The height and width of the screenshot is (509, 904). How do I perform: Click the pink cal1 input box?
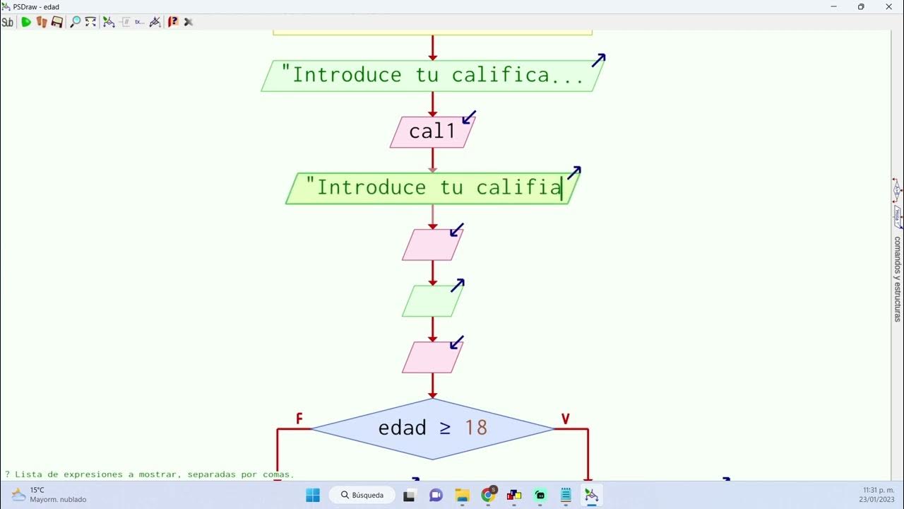click(432, 132)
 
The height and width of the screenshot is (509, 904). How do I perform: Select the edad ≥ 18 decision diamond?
click(432, 428)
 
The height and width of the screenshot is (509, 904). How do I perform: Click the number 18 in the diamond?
click(476, 428)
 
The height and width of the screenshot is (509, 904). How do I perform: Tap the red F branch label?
click(299, 419)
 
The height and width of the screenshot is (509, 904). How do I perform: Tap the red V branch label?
click(565, 419)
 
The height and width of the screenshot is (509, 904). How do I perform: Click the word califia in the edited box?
click(518, 187)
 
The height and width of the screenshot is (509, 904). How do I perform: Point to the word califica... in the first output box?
click(518, 75)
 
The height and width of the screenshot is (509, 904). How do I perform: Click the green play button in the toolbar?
click(26, 22)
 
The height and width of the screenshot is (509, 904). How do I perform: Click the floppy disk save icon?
click(57, 22)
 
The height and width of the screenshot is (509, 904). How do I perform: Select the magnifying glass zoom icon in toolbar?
click(75, 22)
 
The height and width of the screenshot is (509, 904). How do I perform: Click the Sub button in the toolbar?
click(8, 22)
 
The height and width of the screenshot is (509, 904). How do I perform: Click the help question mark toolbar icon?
click(173, 22)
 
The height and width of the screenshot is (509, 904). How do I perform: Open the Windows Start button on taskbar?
click(313, 495)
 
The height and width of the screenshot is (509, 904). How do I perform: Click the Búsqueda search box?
click(362, 495)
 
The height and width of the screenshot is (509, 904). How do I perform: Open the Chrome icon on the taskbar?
click(488, 495)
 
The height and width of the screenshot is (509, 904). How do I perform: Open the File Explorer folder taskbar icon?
click(462, 495)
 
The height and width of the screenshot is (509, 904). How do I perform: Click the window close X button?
click(889, 6)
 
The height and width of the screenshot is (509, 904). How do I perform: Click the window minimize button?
click(834, 6)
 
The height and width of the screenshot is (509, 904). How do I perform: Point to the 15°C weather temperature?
click(37, 490)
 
